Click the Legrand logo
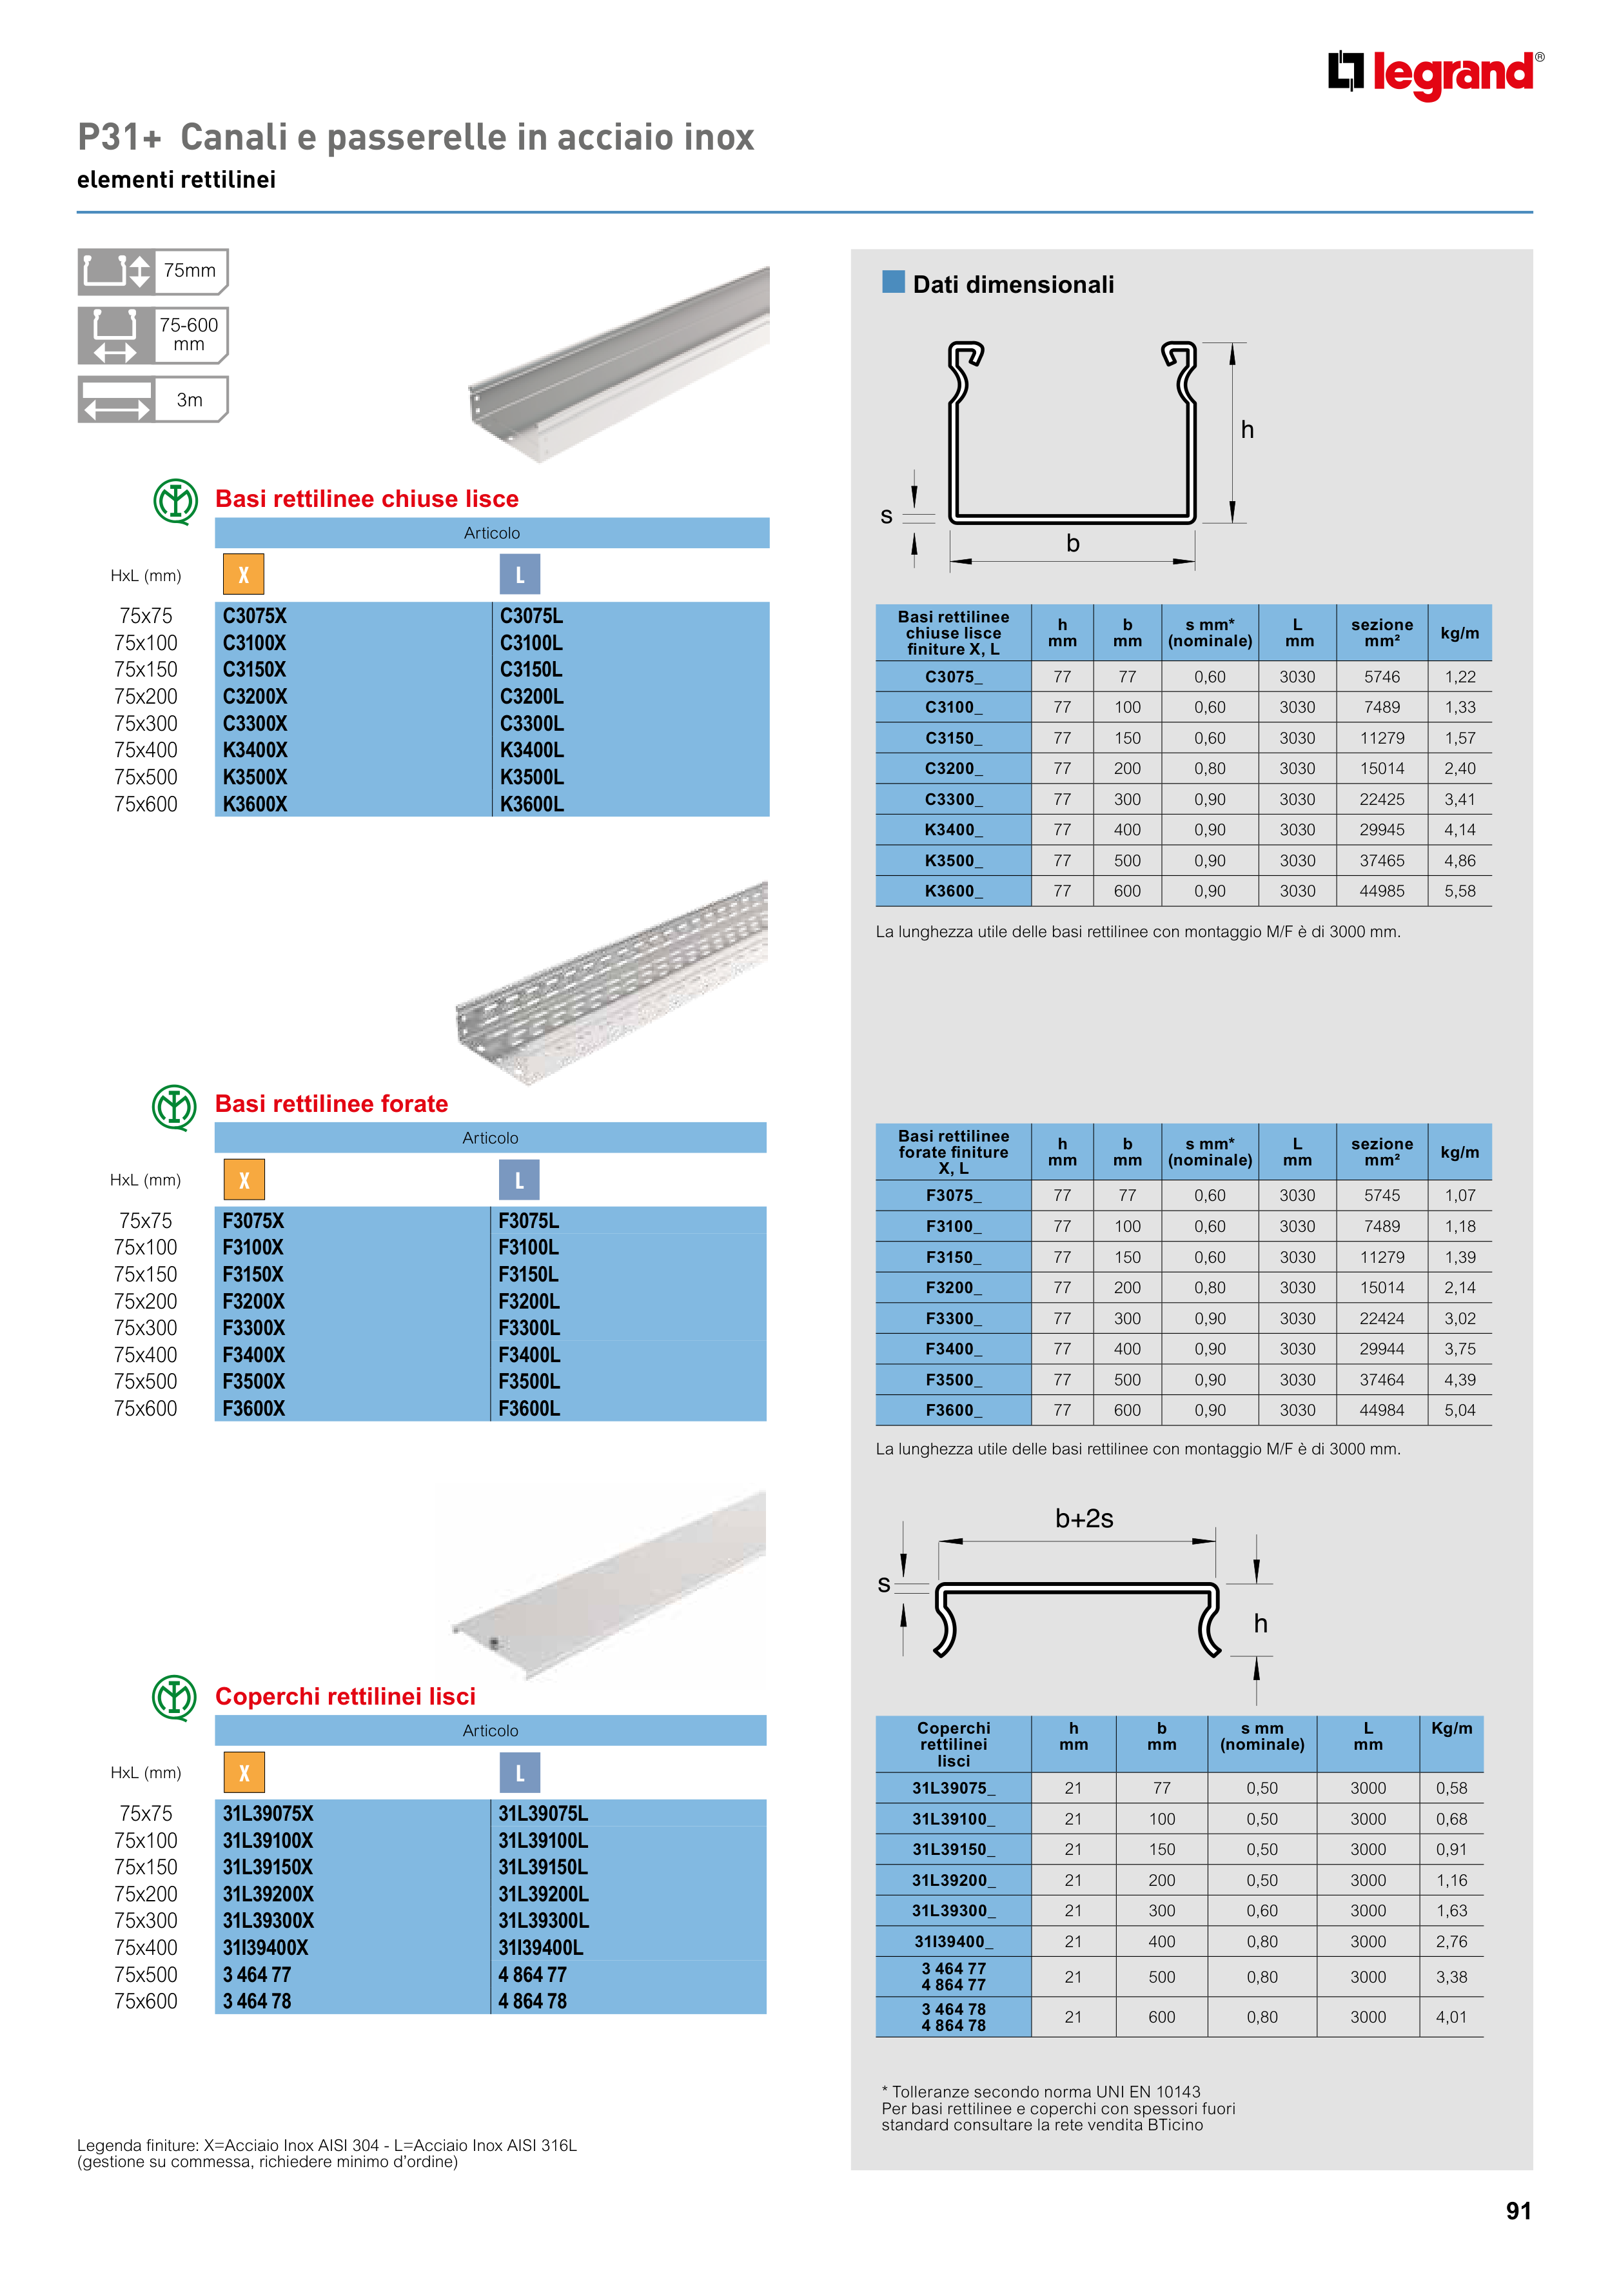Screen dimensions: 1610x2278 click(1435, 74)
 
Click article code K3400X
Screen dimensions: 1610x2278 click(255, 750)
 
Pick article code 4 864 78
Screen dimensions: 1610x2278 click(532, 2001)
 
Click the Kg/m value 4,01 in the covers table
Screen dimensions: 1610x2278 click(1451, 2017)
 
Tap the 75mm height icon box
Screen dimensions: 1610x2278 click(153, 272)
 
